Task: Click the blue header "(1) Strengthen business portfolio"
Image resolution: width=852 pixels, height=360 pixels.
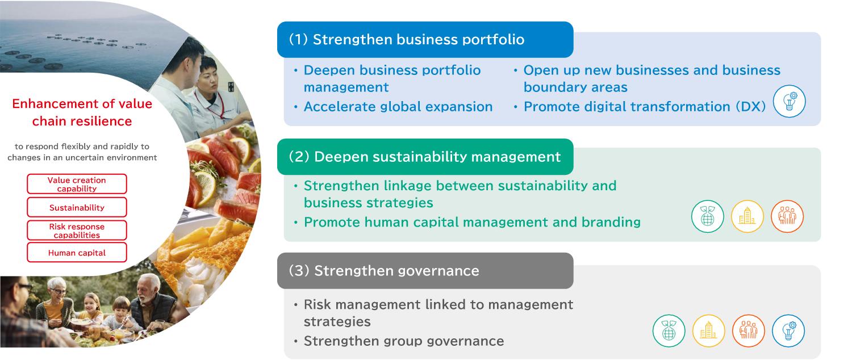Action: click(x=425, y=40)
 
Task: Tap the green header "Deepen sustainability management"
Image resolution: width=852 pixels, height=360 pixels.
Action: click(x=425, y=157)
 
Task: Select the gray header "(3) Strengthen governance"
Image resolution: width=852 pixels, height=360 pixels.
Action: click(x=425, y=271)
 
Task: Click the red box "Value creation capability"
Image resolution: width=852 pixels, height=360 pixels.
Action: click(x=77, y=184)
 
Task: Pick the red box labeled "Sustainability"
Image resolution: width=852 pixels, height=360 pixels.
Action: click(x=77, y=207)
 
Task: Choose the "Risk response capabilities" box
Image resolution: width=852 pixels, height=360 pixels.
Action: click(x=77, y=231)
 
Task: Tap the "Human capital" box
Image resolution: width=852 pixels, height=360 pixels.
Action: click(x=77, y=253)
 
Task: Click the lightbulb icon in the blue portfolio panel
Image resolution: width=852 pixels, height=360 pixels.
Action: click(x=790, y=101)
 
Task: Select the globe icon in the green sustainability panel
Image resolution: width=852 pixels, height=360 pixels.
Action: click(x=708, y=216)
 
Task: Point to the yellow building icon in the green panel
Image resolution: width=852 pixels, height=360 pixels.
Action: click(x=747, y=216)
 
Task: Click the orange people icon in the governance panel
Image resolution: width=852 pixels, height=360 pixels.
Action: click(x=749, y=330)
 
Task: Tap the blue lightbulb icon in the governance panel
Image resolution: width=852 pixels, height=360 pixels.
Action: click(x=788, y=330)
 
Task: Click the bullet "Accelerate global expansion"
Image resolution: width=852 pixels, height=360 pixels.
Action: click(x=398, y=107)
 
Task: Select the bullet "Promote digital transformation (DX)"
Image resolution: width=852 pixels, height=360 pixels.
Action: click(x=645, y=107)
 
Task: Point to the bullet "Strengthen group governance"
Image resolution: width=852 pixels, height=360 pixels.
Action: click(x=403, y=341)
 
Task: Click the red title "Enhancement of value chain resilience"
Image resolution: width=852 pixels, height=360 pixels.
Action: click(x=82, y=112)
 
